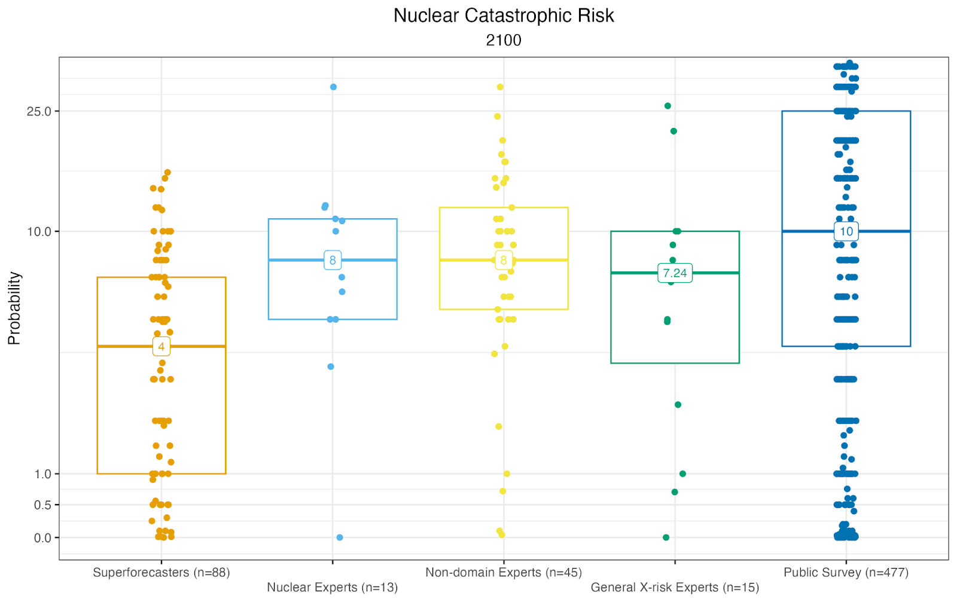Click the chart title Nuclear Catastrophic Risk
pos(504,16)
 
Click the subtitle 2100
pos(504,40)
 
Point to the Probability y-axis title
pos(14,308)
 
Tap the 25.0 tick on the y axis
pos(39,112)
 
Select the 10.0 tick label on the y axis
pos(39,232)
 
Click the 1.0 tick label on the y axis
pos(42,474)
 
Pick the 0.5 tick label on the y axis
pos(42,505)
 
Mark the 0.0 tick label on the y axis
pos(42,538)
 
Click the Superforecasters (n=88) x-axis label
pos(161,573)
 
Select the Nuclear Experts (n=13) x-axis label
pos(333,588)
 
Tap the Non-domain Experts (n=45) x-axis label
pos(504,573)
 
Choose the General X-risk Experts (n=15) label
pos(675,588)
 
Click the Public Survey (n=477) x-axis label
pos(846,573)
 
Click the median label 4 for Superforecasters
pos(161,347)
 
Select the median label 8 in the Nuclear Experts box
pos(333,260)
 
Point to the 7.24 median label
pos(675,273)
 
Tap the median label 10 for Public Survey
pos(846,231)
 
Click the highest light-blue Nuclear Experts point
pos(334,87)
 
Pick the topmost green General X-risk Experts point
pos(668,106)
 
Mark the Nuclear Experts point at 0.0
pos(340,537)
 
